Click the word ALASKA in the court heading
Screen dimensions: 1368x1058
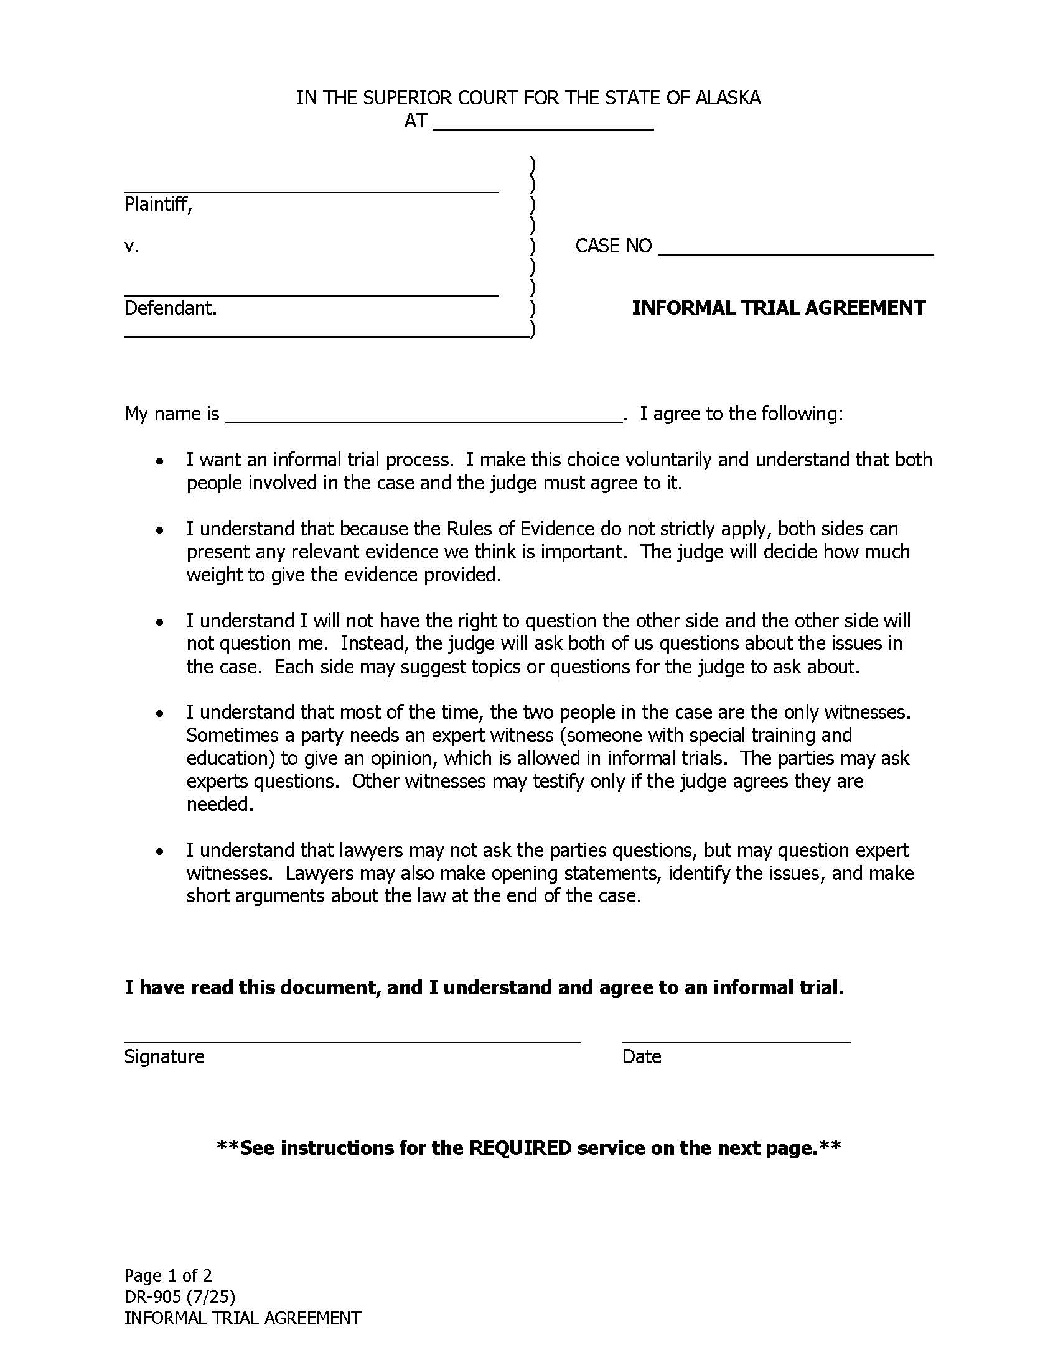728,98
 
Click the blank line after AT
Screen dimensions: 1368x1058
543,127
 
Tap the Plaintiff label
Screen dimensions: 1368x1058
158,204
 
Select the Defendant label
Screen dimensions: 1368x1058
171,308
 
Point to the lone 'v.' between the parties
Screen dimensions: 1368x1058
131,246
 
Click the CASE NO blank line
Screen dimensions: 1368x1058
795,252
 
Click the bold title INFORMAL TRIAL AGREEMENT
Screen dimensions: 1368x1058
779,308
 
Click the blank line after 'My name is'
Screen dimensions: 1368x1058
424,421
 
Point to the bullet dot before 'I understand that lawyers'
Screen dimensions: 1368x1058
161,852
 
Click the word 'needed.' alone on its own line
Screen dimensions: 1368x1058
220,804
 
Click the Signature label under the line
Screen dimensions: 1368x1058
164,1056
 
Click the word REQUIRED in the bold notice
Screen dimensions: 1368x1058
520,1148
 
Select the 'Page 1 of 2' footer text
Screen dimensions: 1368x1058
168,1275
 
